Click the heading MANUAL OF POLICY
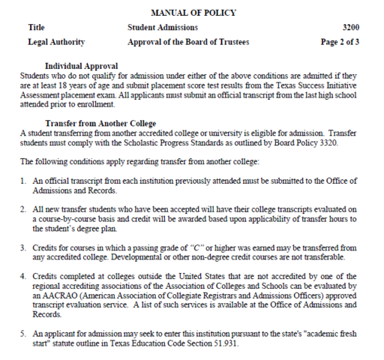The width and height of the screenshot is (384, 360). tap(193, 13)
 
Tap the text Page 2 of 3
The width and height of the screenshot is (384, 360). tap(339, 42)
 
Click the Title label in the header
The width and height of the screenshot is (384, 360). tap(36, 28)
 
